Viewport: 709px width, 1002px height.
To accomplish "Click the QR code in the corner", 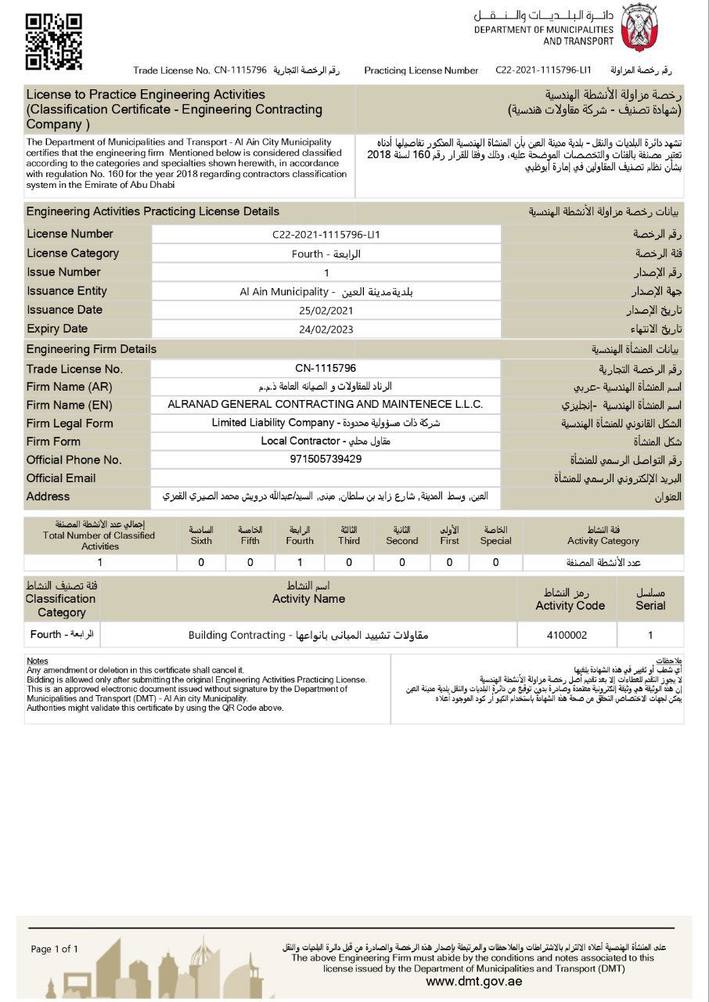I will (54, 41).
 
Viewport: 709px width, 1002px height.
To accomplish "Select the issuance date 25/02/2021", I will (326, 311).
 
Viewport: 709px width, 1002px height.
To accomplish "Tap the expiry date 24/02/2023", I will (326, 330).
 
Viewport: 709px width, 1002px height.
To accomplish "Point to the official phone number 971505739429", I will (326, 460).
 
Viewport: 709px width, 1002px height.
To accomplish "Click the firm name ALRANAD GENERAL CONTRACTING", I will (326, 405).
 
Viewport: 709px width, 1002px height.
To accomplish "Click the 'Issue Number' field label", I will (63, 272).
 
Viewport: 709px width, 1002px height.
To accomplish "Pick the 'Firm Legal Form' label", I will (70, 424).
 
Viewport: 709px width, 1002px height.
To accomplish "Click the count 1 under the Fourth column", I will (300, 562).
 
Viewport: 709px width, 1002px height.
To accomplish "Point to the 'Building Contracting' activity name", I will (308, 635).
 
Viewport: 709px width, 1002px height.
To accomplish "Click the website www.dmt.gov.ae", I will (473, 982).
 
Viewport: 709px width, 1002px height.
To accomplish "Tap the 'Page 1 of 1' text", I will (55, 950).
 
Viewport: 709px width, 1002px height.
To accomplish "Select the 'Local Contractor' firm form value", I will (326, 442).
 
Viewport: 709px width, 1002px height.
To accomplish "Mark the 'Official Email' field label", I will (61, 478).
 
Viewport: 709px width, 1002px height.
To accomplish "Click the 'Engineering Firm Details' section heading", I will (92, 349).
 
